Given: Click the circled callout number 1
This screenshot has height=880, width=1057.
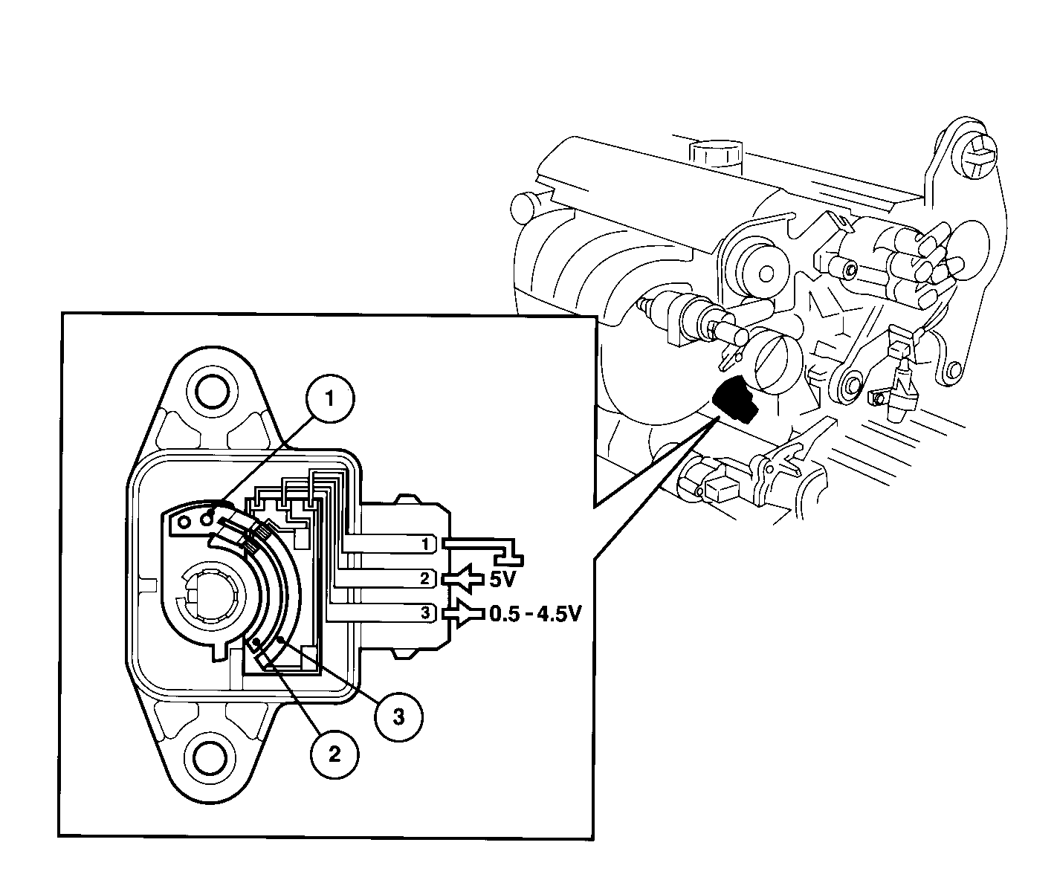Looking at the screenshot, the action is coord(330,399).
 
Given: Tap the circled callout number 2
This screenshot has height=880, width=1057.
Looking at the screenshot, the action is coord(334,755).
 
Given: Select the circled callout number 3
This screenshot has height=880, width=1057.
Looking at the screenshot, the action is coord(398,717).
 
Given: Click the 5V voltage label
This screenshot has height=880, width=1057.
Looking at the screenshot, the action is coord(502,580).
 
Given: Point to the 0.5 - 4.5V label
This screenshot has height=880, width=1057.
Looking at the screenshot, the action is coord(536,614).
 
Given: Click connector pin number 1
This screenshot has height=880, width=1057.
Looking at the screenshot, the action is coord(426,544).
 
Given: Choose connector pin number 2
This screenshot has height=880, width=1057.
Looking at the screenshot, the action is coord(425,579).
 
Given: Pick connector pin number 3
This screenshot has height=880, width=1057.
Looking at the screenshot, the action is coord(425,612).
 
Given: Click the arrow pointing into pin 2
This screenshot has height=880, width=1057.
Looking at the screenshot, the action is coord(464,579).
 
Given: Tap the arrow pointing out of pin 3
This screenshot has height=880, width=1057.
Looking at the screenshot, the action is coord(464,613).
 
